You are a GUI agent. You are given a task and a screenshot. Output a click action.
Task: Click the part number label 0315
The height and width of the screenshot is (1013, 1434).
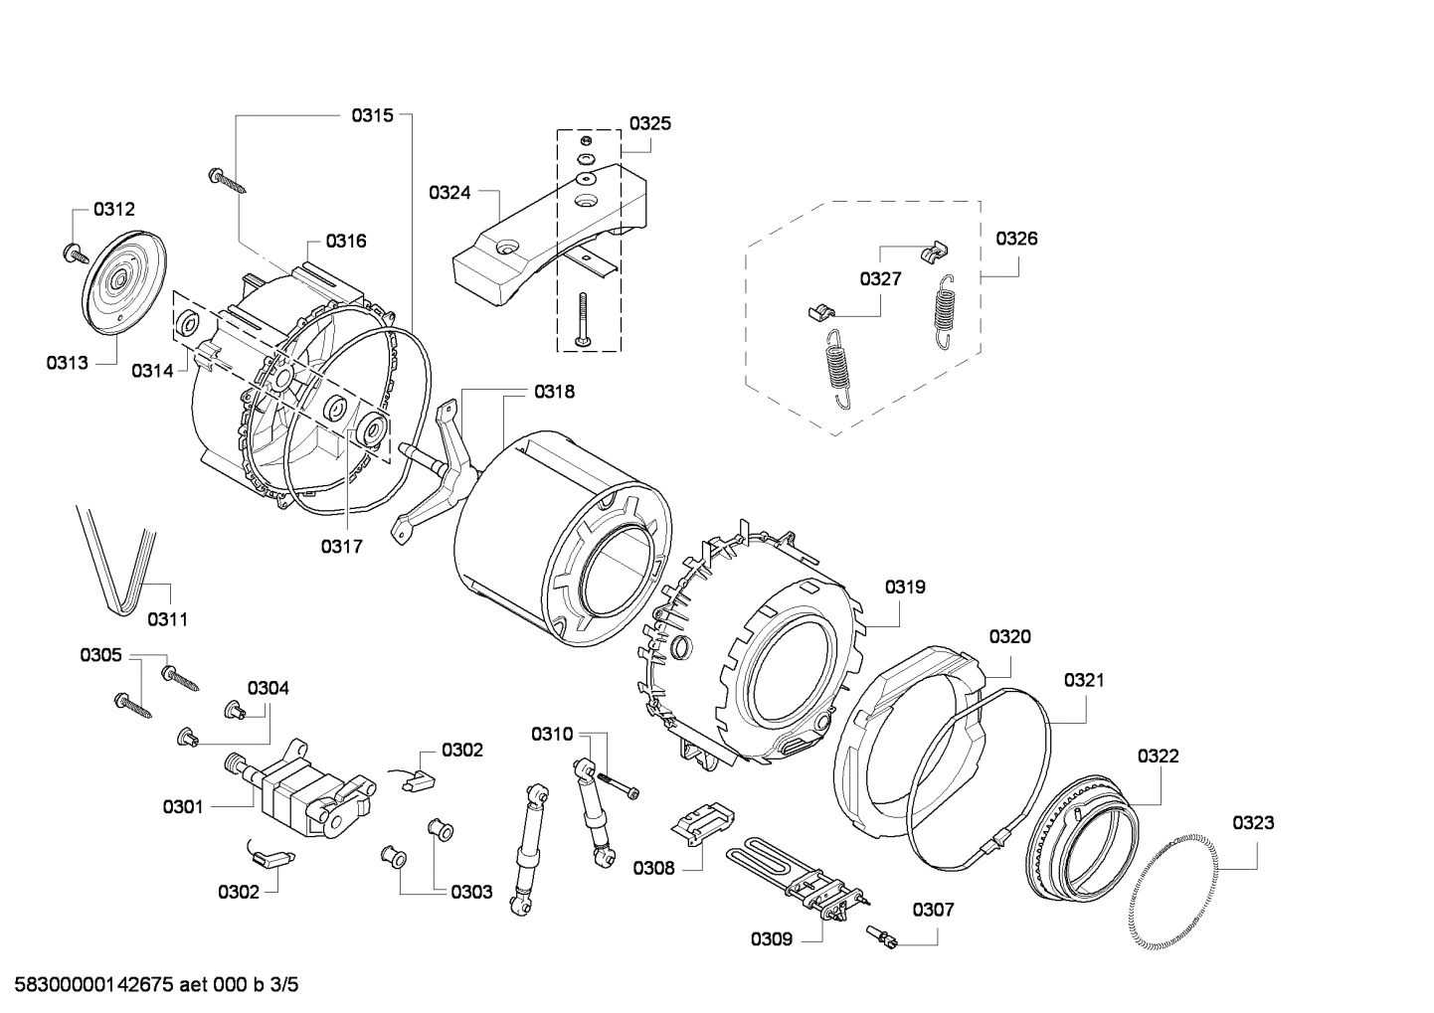pos(371,115)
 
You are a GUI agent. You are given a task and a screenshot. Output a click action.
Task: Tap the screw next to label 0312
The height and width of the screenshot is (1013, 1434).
pos(72,252)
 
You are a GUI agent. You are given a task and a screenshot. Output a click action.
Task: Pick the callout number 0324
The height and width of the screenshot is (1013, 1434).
pos(449,193)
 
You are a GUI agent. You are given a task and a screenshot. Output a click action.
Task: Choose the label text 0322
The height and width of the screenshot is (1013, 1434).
pos(1159,757)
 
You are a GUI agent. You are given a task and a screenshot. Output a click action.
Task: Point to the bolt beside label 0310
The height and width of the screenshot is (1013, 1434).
pos(619,786)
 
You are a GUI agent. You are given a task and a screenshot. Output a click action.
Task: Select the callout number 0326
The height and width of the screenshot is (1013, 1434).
pos(1016,239)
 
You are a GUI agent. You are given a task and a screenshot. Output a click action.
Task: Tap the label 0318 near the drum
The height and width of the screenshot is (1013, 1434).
pos(554,392)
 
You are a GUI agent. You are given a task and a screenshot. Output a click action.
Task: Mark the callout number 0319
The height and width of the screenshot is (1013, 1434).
pos(905,587)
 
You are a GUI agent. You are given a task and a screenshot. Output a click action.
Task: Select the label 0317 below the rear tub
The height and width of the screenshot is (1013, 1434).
pos(341,546)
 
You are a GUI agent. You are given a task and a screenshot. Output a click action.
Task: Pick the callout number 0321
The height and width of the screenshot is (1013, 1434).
pos(1084,681)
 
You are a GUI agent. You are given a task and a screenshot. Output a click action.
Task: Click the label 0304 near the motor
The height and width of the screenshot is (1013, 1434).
pos(269,688)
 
